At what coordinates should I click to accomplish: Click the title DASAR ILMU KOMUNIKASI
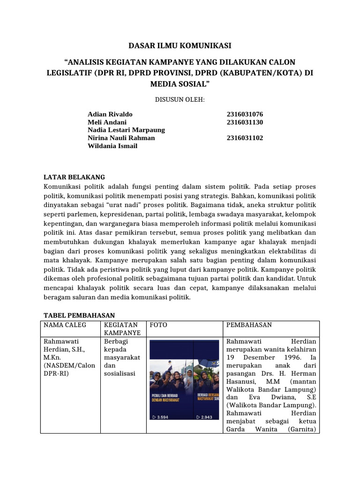(x=180, y=45)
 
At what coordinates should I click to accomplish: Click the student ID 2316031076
(x=245, y=114)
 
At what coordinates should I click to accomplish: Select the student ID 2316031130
(x=245, y=122)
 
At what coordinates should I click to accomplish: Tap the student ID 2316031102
(x=245, y=138)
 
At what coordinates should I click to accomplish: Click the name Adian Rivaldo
(x=110, y=114)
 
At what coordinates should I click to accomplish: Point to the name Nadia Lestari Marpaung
(x=126, y=130)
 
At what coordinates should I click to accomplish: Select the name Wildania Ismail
(x=112, y=146)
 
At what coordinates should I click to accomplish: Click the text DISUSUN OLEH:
(x=180, y=99)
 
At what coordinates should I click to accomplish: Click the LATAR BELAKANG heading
(x=74, y=177)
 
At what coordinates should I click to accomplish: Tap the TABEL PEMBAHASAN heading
(x=79, y=315)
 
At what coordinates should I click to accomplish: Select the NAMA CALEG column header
(x=62, y=325)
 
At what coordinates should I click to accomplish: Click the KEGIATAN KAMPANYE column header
(x=120, y=329)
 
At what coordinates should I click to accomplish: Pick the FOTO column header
(x=158, y=325)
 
